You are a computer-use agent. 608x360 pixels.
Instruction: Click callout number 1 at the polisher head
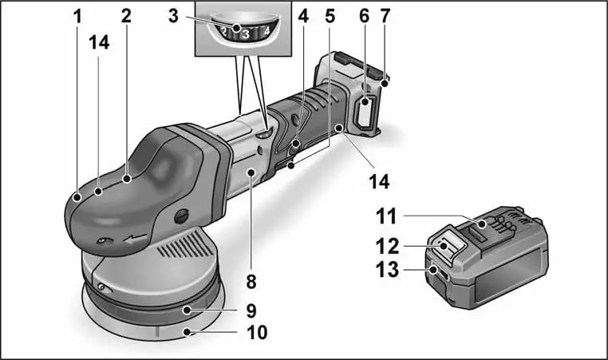(78, 15)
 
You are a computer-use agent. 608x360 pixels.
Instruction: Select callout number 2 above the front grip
(125, 15)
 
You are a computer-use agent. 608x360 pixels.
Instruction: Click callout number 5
(331, 15)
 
